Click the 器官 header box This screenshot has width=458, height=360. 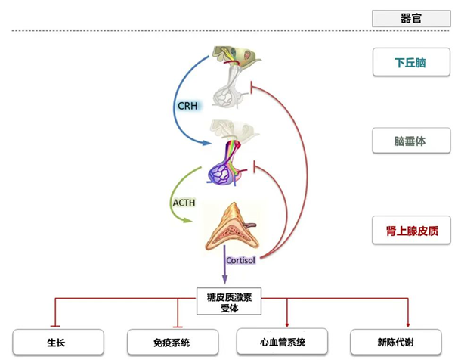(x=410, y=17)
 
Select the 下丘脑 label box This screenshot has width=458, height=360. (x=410, y=63)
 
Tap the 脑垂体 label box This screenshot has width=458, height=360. (x=410, y=141)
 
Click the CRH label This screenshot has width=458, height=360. (x=187, y=106)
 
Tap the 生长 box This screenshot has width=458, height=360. (x=57, y=342)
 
